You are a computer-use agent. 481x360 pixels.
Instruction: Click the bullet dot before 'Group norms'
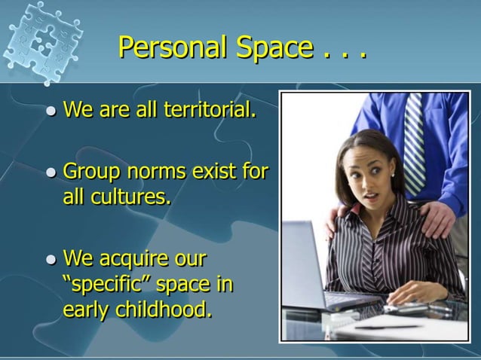51,173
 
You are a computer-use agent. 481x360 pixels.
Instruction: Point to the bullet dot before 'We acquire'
51,261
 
